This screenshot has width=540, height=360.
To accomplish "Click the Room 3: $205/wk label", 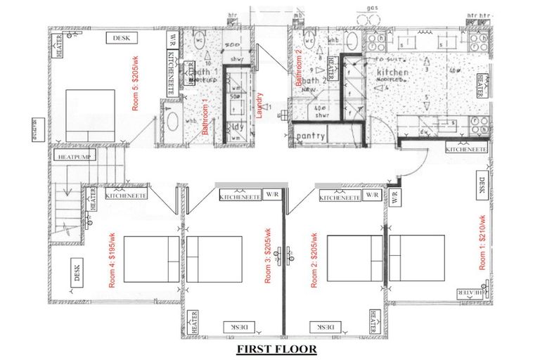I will tap(268, 257).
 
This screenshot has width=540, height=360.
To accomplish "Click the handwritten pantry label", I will tap(310, 136).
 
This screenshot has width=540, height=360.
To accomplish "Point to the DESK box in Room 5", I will tap(120, 37).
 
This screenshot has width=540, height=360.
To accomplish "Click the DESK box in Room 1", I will tap(482, 185).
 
